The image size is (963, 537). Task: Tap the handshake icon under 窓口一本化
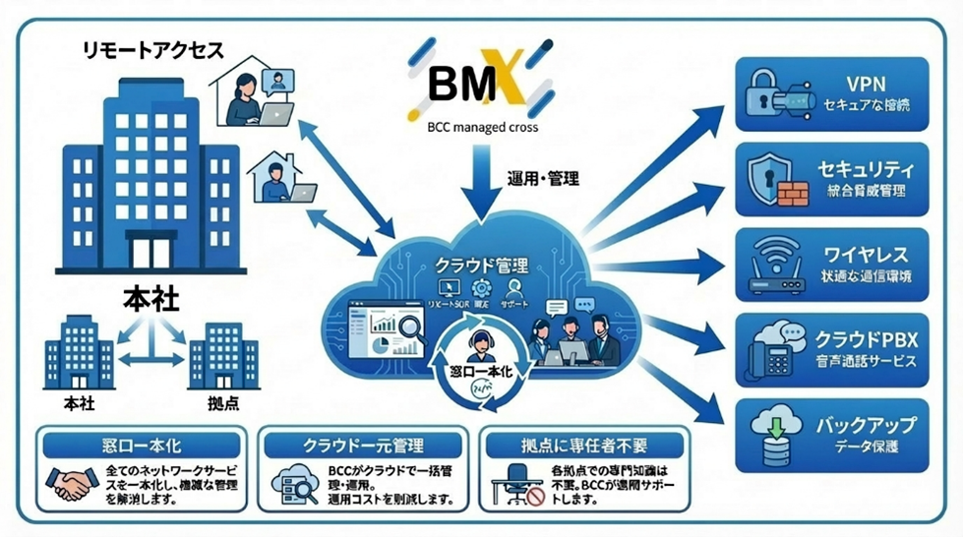[x=70, y=483]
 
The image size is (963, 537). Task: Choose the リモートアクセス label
[x=153, y=49]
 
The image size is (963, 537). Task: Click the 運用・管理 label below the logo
[x=543, y=178]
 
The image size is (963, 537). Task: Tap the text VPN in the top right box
[x=865, y=84]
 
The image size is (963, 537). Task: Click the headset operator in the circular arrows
[x=476, y=346]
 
